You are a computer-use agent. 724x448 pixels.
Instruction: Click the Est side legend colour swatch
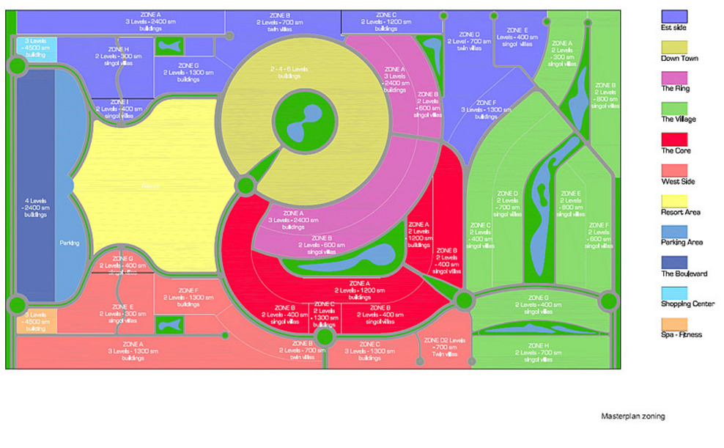673,15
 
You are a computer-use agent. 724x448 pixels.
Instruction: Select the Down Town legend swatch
673,46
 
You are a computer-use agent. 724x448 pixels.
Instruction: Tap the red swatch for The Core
673,139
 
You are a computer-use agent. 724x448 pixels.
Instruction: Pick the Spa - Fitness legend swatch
673,323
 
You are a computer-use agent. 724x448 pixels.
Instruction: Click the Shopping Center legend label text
687,304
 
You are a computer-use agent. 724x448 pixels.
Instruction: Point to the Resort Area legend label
680,212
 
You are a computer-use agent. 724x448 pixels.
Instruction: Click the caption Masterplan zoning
633,416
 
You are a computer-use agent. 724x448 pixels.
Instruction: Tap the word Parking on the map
69,243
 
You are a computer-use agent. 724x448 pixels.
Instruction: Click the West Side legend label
678,181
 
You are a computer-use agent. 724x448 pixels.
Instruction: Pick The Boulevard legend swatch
673,262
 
